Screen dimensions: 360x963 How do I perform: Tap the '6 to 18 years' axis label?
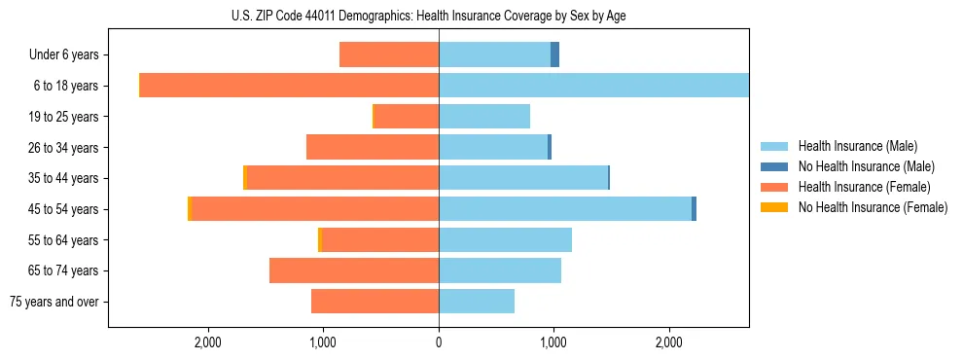point(66,86)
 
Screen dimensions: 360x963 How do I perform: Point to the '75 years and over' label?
point(54,302)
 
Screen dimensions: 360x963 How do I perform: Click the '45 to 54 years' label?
point(63,209)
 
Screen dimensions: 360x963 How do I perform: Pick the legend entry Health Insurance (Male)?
point(857,146)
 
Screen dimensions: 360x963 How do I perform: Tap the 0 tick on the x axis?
point(439,342)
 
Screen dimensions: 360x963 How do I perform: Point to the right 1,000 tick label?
point(553,342)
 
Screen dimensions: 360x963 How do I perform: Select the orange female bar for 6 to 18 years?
point(289,86)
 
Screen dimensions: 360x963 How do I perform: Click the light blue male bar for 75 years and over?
point(477,302)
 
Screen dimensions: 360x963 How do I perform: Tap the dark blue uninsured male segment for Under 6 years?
point(555,55)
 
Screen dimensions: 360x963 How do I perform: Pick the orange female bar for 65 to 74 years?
point(354,270)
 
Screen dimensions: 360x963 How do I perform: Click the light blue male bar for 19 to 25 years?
point(484,117)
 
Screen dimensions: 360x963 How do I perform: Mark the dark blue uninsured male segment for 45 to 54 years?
point(694,209)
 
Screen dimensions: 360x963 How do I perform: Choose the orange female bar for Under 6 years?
point(389,55)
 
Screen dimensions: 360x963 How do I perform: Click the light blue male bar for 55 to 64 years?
point(505,239)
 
